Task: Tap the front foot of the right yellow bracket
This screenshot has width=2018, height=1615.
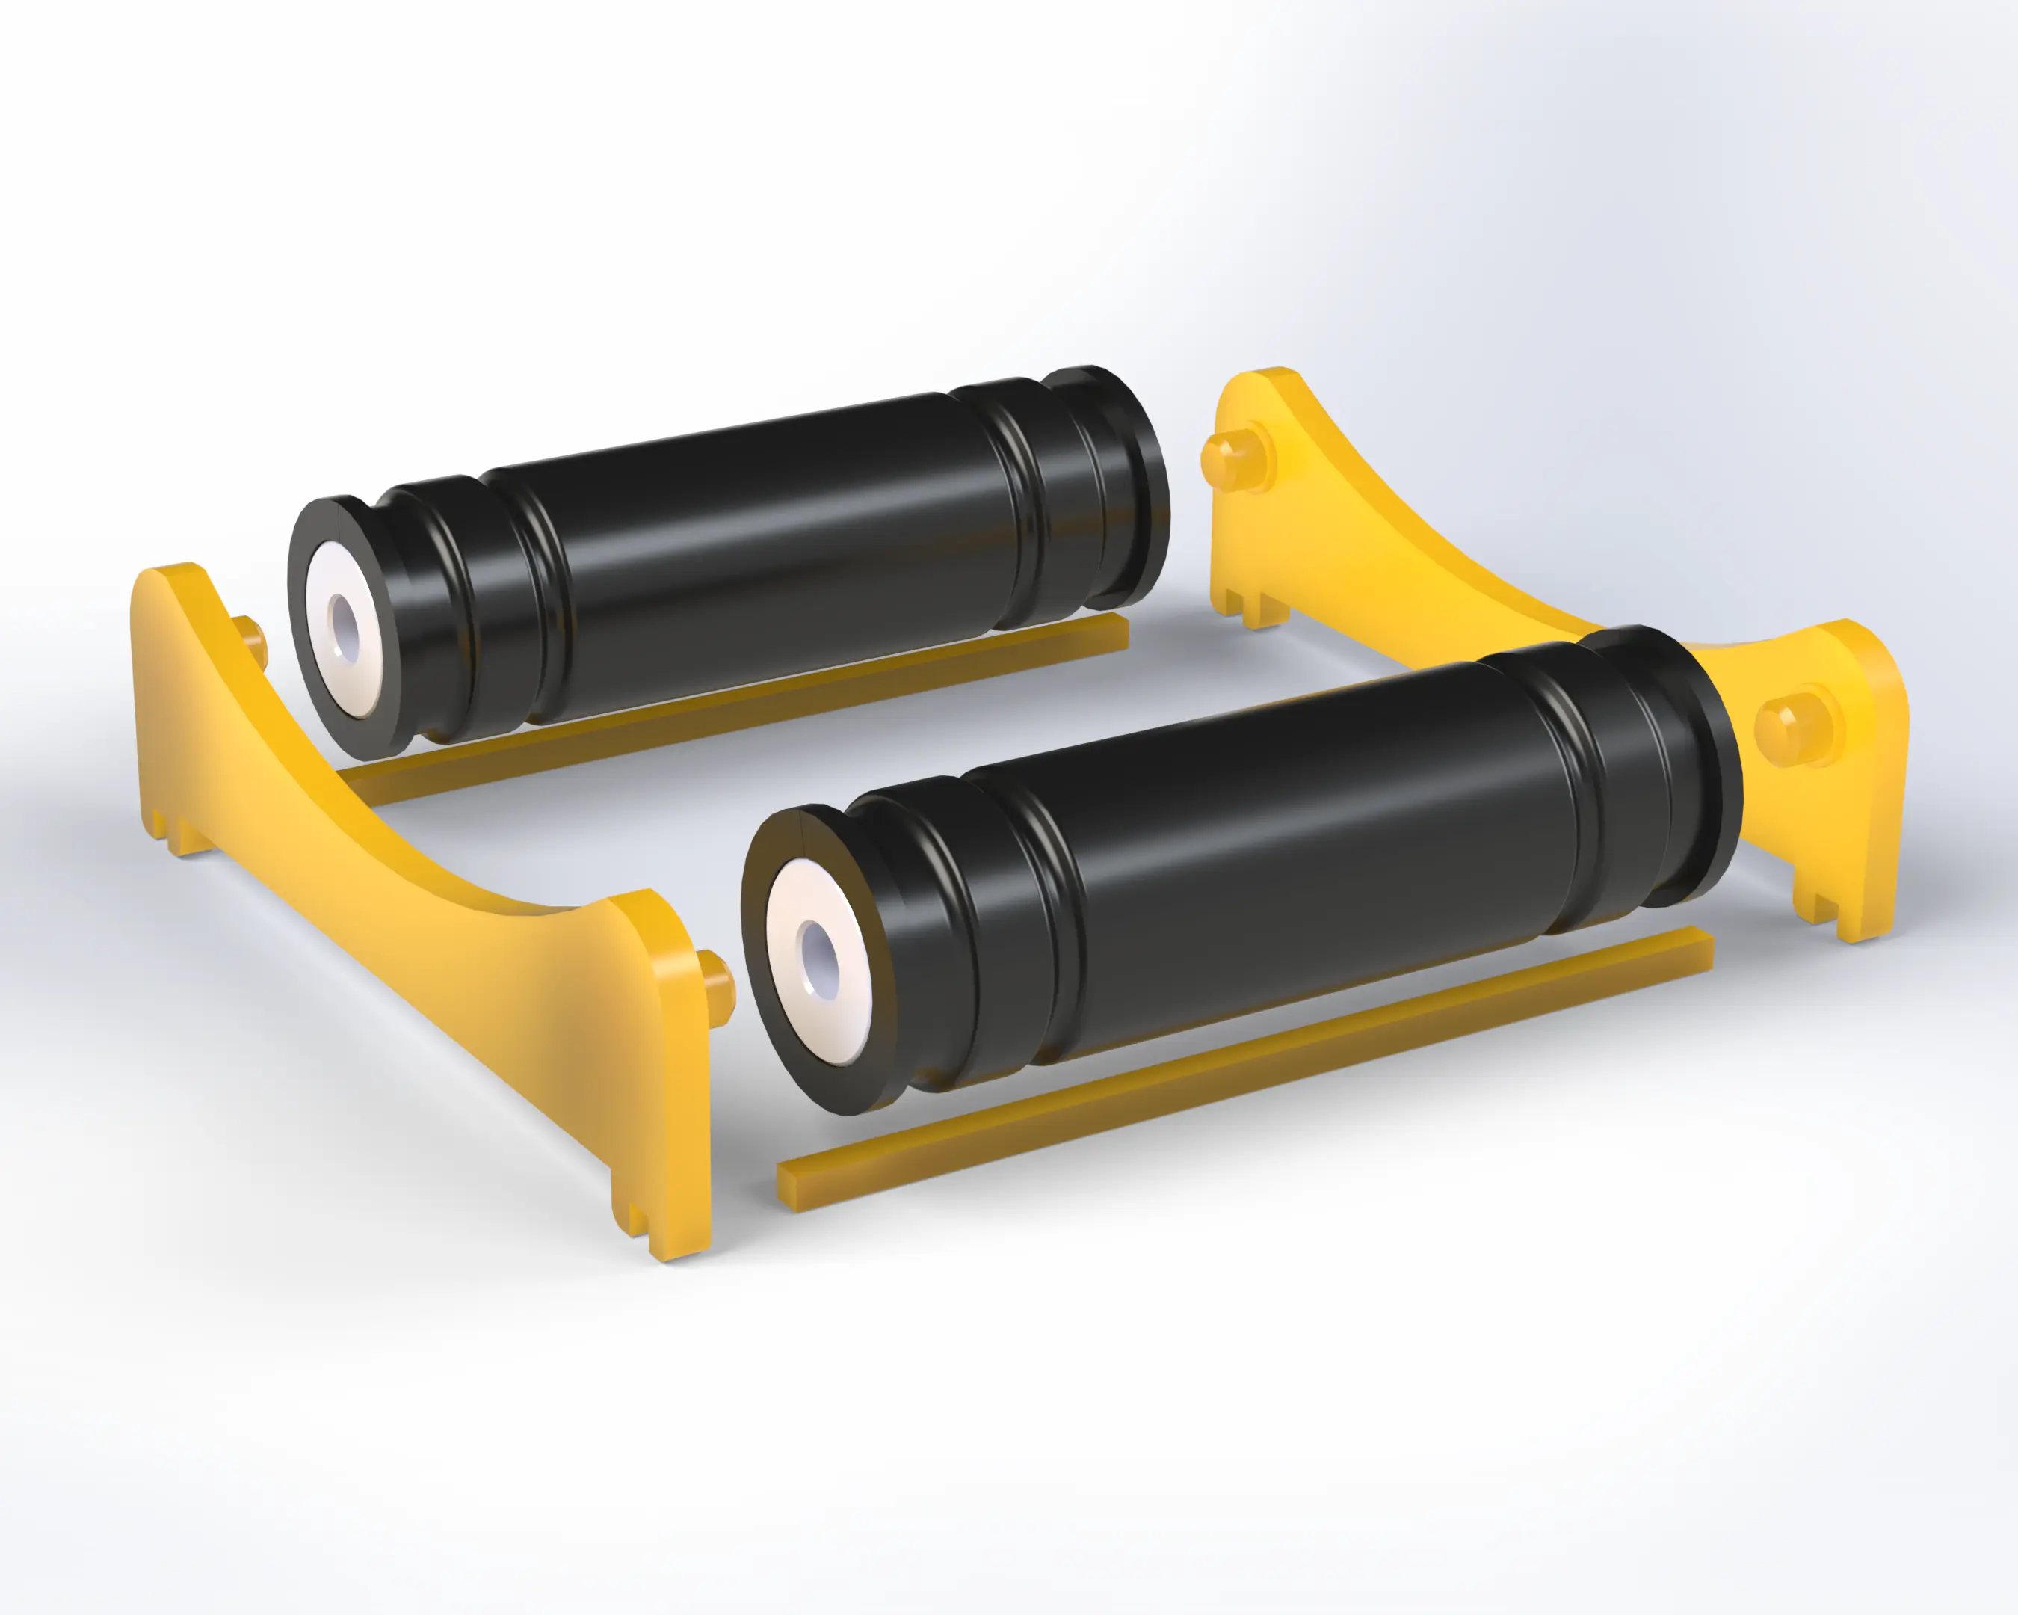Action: [x=1839, y=913]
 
